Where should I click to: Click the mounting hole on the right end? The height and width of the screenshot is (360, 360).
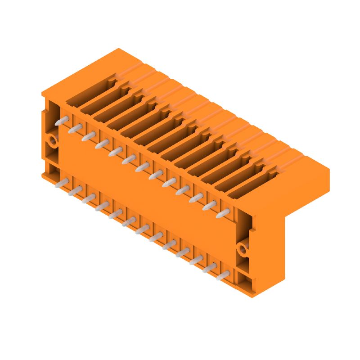click(243, 248)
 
